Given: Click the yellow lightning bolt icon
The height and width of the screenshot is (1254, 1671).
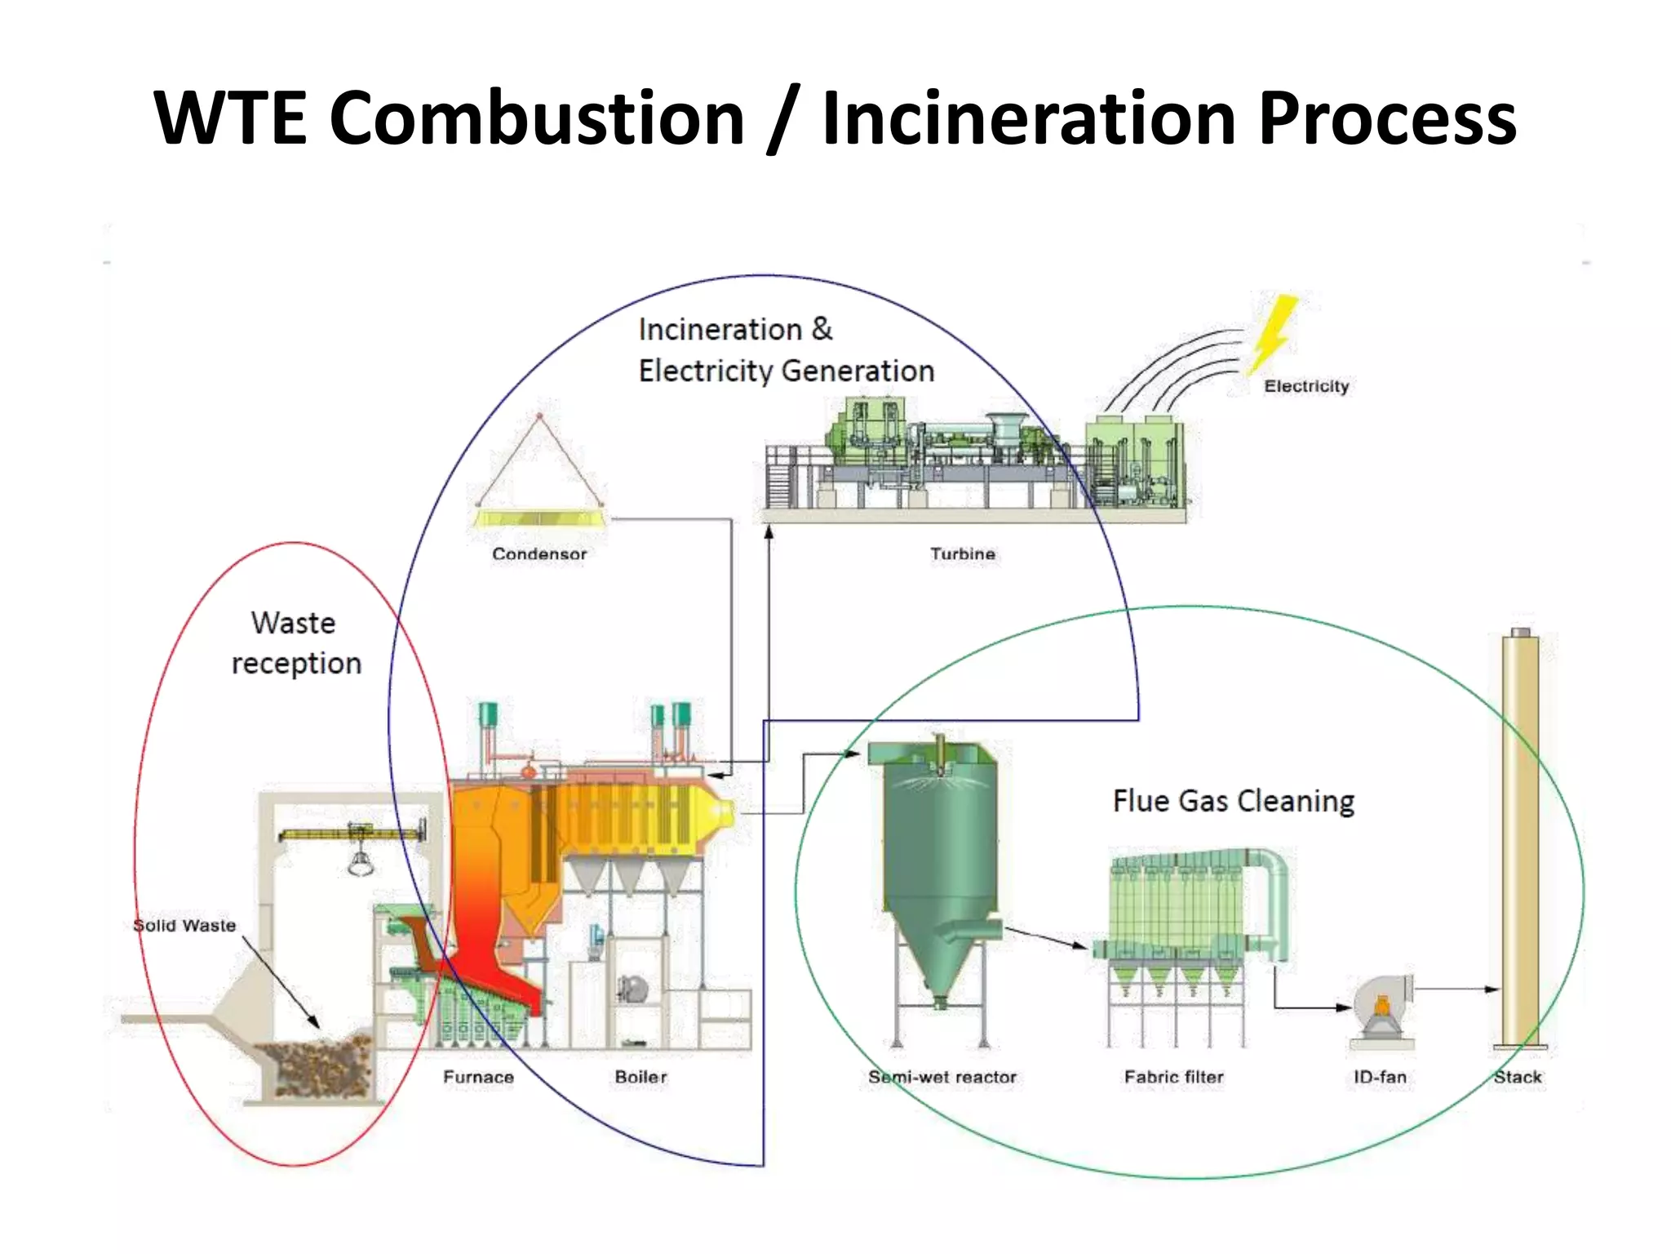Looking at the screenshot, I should coord(1273,333).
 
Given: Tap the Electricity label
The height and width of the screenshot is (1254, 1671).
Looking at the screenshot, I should coord(1306,386).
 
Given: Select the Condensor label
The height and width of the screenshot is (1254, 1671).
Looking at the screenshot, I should coord(539,554).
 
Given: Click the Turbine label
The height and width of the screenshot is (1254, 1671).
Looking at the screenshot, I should coord(963,554).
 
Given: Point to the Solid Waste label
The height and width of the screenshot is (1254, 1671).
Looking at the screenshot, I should coord(184,925).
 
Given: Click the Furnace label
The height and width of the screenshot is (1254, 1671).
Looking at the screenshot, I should coord(478,1077).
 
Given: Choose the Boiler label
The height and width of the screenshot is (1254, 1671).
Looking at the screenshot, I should coord(640,1077).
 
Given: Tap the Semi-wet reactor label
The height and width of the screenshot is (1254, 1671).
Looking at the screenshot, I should coord(942,1077).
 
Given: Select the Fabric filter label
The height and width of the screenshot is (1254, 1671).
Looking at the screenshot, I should coord(1173,1077).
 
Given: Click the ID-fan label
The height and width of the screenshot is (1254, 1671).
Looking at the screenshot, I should coord(1380,1077).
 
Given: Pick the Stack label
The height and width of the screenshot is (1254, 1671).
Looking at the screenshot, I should coord(1518,1077).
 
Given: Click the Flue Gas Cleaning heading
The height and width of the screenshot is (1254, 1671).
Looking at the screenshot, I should coord(1233,801).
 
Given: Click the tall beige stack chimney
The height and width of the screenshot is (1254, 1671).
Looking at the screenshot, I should coord(1520,841).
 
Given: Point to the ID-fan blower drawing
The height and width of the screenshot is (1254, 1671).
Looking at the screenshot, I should coord(1381,1008).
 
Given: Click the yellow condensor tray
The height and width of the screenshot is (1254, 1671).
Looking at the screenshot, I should coord(539,518).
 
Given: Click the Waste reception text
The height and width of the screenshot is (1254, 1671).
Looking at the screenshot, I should coord(295,643).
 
